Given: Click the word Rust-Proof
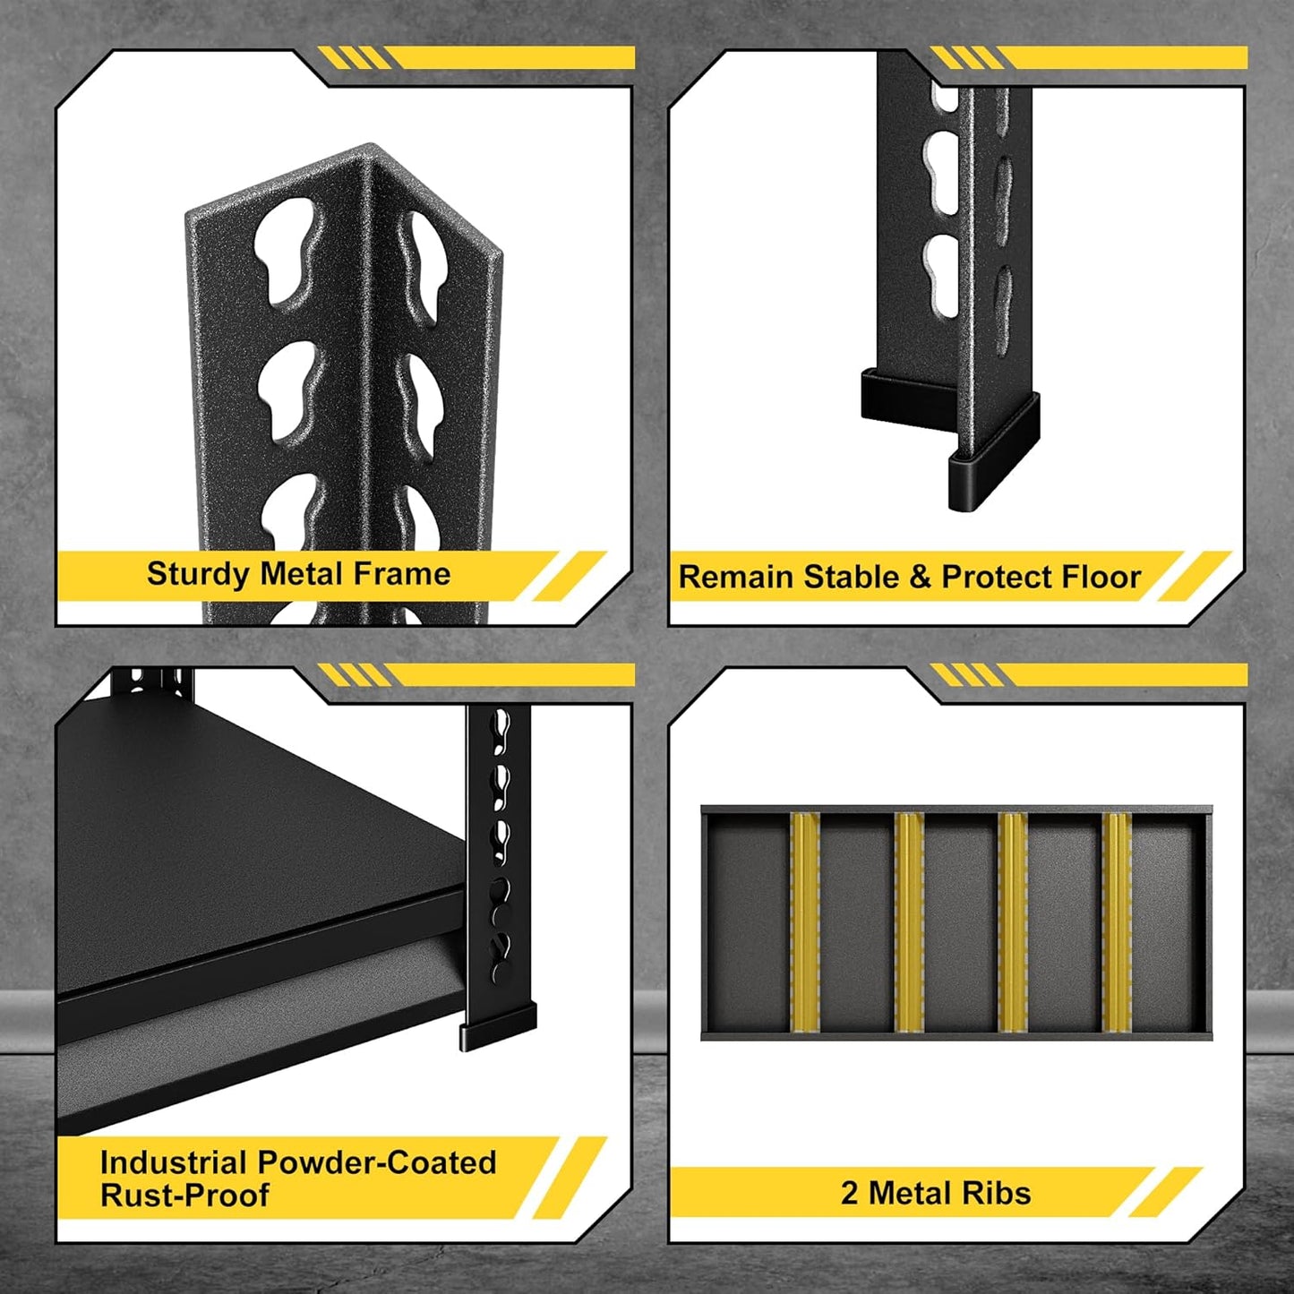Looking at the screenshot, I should tap(184, 1195).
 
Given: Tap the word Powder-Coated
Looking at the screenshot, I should tap(376, 1162).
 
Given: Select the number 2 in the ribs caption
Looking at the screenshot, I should tap(849, 1194).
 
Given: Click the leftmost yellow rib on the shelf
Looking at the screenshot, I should tap(805, 922).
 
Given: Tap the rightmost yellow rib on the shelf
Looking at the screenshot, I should tap(1118, 922).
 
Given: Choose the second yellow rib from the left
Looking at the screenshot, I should tap(909, 922).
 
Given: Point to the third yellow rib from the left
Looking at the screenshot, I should tap(1013, 922).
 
